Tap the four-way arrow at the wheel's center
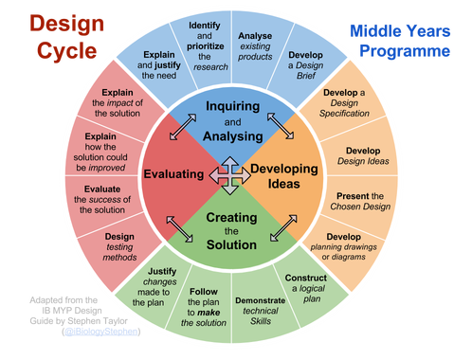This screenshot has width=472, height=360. click(x=231, y=172)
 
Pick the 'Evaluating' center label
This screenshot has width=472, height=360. click(x=176, y=174)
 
